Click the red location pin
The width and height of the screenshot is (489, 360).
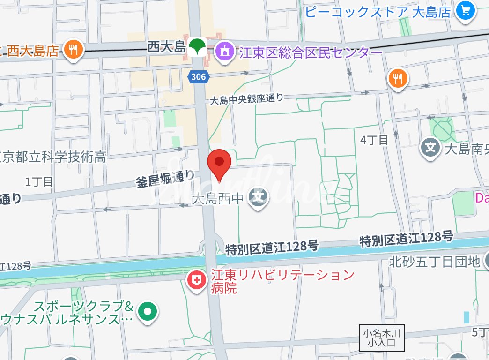point(219,163)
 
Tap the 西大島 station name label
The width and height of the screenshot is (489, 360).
point(167,47)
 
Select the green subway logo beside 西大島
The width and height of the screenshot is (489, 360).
point(197,46)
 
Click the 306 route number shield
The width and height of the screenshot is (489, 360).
point(199,76)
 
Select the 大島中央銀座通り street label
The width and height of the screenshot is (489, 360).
point(246,99)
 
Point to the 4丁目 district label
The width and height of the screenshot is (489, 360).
point(374,140)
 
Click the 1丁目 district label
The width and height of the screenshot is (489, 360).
point(40,181)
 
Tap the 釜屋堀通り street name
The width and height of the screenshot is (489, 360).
point(165,179)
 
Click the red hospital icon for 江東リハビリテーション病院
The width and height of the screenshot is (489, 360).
point(197,280)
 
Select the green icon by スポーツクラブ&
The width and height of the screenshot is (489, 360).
point(148,311)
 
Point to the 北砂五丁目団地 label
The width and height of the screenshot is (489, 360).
point(434,261)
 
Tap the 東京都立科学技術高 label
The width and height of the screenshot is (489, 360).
point(53,157)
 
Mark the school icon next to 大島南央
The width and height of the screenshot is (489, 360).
point(430,148)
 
